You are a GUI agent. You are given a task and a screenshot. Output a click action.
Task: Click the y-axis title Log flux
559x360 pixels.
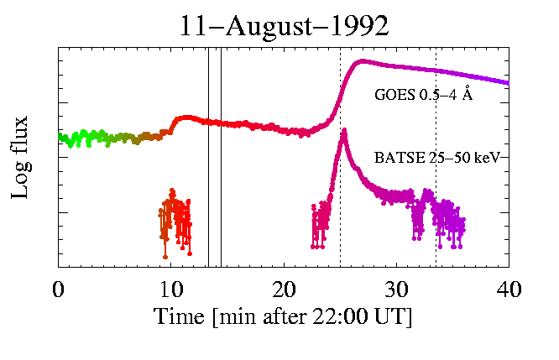24,157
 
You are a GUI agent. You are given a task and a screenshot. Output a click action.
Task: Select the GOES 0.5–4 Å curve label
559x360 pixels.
423,96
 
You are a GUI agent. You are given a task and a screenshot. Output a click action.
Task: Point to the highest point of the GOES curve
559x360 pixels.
362,60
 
